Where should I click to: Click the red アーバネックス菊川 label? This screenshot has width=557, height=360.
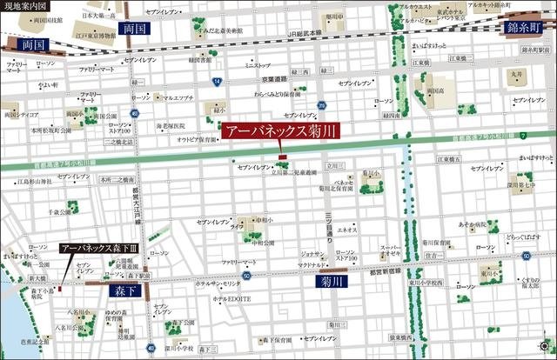pos(279,133)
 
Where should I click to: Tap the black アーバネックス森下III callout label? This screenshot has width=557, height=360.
pos(100,248)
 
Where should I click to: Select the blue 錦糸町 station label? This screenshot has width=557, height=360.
pos(526,28)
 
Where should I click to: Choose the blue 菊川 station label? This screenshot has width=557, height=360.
pos(331,282)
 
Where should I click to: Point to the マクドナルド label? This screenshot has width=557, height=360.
pos(312,264)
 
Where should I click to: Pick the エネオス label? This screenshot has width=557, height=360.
pos(347,230)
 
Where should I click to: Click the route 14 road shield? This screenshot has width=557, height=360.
pos(214,81)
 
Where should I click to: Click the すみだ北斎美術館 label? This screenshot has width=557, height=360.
pos(198,29)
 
